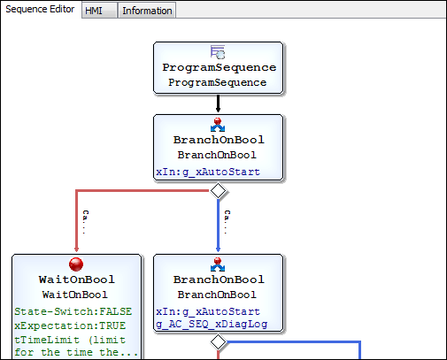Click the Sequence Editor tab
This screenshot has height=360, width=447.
(40, 10)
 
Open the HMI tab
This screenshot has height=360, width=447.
(94, 11)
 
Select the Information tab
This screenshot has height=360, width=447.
(147, 11)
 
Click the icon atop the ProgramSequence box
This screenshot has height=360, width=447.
(218, 53)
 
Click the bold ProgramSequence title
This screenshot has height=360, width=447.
(219, 68)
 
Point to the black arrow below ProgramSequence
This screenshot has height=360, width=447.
(219, 104)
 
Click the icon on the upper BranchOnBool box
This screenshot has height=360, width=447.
(218, 125)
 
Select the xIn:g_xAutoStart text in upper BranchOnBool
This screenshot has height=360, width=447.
(207, 172)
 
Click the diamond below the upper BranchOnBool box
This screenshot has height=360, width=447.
(219, 190)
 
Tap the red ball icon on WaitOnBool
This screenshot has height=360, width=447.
(76, 265)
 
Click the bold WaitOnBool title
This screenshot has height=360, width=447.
(76, 280)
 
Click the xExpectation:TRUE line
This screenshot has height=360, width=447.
(71, 326)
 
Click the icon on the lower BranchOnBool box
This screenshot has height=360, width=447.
(218, 265)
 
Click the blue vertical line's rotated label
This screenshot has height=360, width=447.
(227, 221)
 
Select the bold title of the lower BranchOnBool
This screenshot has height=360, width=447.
(219, 280)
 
